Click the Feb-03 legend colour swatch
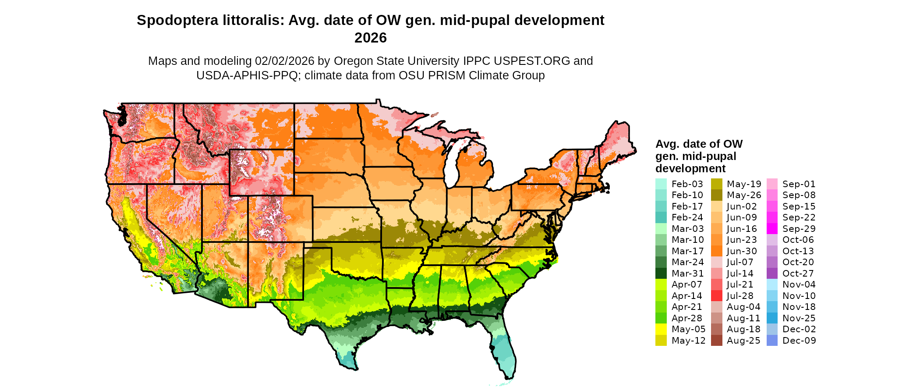tap(661, 184)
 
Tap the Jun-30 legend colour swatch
tap(716, 251)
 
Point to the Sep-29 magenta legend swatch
tap(772, 229)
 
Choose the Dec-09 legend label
tap(799, 341)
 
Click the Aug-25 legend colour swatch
tap(716, 341)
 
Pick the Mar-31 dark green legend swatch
tap(661, 274)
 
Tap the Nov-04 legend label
tap(799, 284)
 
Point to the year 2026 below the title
tap(370, 38)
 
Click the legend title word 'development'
tap(690, 168)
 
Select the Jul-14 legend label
tap(740, 274)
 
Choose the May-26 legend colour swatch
tap(716, 195)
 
